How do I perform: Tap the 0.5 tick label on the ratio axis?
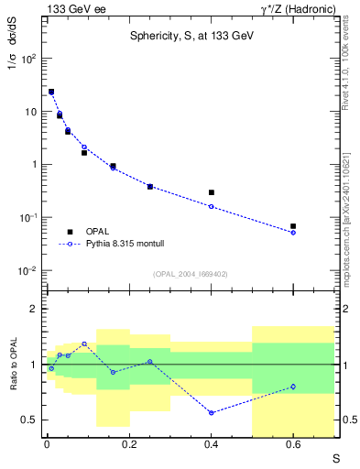(x=29, y=420)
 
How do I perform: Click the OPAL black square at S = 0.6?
(x=293, y=226)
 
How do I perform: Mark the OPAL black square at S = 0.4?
(x=212, y=192)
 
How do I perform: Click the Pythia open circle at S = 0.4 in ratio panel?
(x=212, y=413)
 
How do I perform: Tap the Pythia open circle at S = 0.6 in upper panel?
(x=293, y=233)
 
